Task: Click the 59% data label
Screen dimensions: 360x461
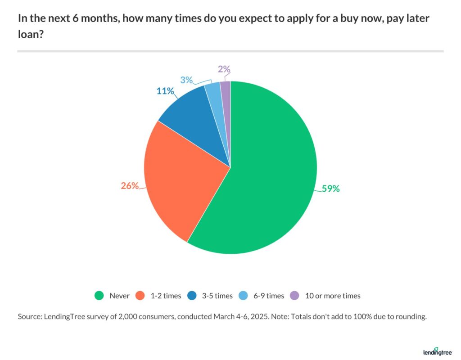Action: (x=330, y=189)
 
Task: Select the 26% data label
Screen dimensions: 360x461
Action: (x=129, y=185)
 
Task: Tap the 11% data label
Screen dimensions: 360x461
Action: (x=165, y=91)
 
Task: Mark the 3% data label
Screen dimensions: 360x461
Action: (x=186, y=80)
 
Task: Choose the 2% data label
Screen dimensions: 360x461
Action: (x=224, y=69)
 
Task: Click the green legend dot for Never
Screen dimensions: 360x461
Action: (x=99, y=296)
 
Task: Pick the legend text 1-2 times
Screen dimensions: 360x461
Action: (x=166, y=296)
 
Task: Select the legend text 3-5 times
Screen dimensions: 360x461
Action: (x=217, y=296)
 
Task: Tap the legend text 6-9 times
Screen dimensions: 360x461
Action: (x=269, y=296)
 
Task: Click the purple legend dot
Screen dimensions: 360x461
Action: (x=294, y=296)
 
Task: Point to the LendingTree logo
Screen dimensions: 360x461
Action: (x=438, y=351)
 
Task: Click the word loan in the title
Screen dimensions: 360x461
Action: (x=27, y=34)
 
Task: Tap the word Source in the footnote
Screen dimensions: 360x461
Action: (x=30, y=317)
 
